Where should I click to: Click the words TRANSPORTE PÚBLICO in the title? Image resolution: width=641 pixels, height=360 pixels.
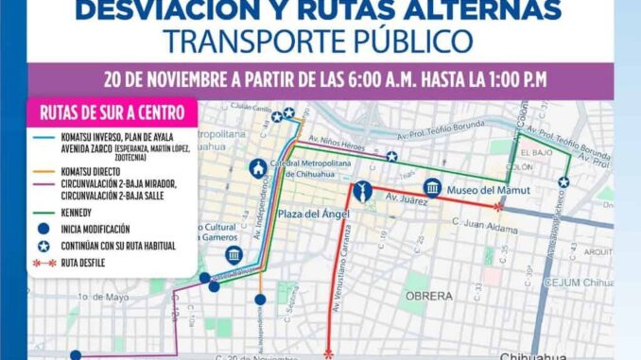tap(320, 42)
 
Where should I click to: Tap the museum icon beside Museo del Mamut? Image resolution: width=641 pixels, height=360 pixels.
tap(433, 188)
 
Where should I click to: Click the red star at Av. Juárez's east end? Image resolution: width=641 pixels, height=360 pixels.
tap(497, 205)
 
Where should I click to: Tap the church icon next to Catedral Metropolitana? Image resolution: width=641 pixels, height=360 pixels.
tap(256, 168)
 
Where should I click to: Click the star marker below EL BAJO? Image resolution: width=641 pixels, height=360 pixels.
tap(563, 182)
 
